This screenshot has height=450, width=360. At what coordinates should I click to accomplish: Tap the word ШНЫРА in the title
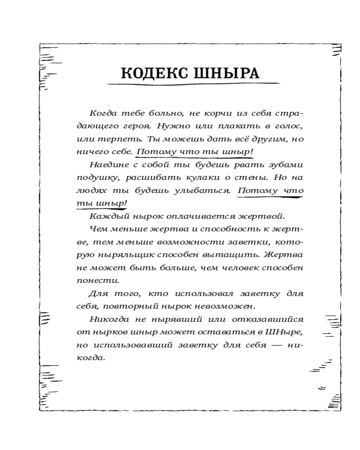226,73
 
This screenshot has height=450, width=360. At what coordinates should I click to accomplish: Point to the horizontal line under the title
193,84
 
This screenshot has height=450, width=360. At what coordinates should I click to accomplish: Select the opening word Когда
103,112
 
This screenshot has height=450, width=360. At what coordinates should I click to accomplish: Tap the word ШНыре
286,333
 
